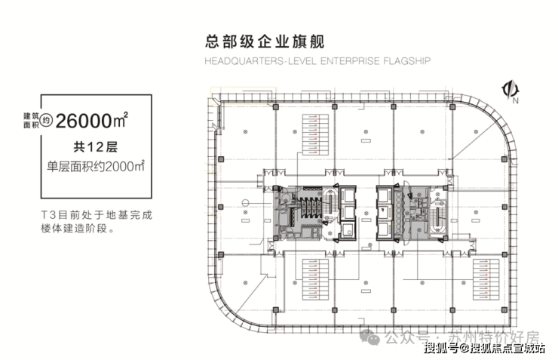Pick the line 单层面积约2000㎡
[x=95, y=165]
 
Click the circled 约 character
[x=48, y=119]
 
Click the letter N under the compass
[x=516, y=100]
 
